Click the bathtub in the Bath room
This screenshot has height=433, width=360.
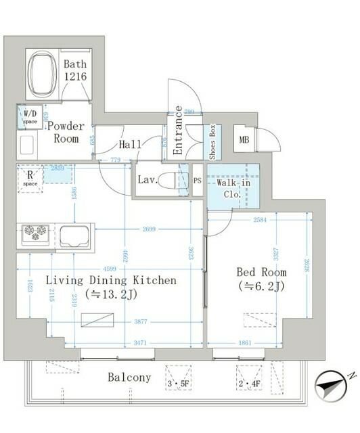[44, 74]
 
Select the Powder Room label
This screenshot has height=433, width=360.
[66, 133]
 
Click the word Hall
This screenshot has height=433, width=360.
[131, 144]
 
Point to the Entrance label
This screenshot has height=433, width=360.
[177, 131]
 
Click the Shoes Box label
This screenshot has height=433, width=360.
[212, 141]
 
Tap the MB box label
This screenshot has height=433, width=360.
[244, 141]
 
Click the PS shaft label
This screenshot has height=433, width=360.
[197, 181]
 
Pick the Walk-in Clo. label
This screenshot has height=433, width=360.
[233, 187]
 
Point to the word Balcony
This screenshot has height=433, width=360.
[129, 378]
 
